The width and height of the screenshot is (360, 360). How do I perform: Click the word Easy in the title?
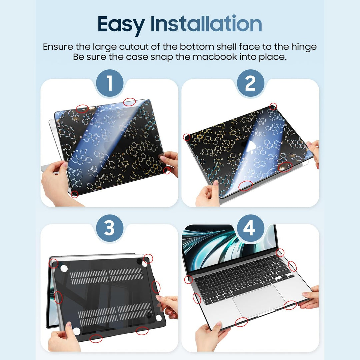[x=121, y=24]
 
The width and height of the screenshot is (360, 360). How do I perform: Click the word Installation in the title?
[x=206, y=24]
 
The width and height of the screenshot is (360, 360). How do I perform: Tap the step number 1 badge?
[x=109, y=83]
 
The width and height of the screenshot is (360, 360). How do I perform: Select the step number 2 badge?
[x=250, y=83]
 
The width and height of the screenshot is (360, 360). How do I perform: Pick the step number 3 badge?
[x=109, y=229]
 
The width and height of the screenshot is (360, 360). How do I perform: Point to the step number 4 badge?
[x=250, y=229]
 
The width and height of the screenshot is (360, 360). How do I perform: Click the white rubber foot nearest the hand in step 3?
[x=76, y=331]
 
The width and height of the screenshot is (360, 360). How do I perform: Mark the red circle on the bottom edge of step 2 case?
[x=245, y=186]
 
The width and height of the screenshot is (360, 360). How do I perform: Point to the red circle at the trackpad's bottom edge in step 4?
[x=241, y=322]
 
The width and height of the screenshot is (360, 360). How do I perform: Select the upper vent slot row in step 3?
[x=107, y=275]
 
